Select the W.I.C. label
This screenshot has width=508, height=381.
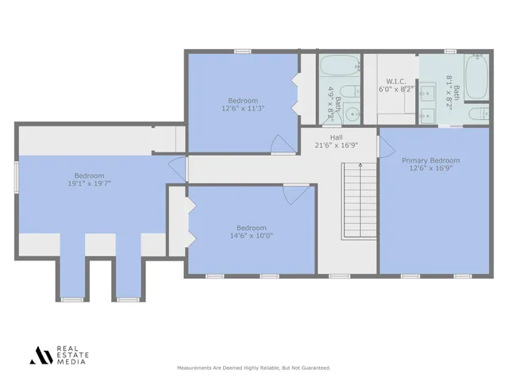click(395, 81)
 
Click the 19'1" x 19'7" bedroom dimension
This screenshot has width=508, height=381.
click(89, 184)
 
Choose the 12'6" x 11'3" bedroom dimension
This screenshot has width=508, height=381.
click(243, 109)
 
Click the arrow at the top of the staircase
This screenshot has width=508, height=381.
click(360, 167)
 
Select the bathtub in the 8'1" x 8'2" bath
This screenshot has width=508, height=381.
click(476, 77)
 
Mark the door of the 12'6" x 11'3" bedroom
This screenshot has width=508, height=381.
click(283, 144)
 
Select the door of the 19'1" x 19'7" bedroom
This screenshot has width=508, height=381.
click(178, 168)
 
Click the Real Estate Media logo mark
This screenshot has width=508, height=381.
click(40, 356)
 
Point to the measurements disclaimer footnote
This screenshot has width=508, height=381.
click(253, 368)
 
